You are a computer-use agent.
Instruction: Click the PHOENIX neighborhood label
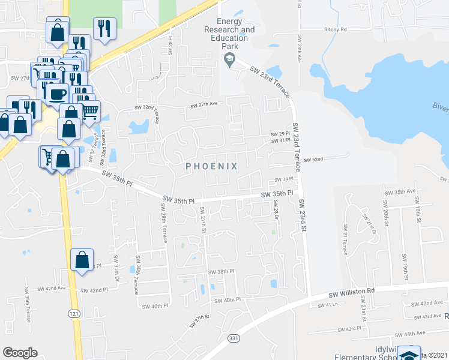(x=211, y=166)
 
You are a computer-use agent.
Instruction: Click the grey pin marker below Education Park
(x=228, y=58)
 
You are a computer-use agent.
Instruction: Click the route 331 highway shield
(x=232, y=339)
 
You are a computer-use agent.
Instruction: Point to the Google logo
(x=20, y=353)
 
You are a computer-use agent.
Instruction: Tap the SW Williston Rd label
(x=352, y=292)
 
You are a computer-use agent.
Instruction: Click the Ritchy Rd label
(x=335, y=29)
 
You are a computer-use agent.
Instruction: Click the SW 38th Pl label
(x=220, y=272)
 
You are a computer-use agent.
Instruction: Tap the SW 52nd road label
(x=313, y=160)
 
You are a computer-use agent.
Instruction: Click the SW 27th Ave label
(x=203, y=104)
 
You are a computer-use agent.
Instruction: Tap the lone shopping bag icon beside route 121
(x=82, y=260)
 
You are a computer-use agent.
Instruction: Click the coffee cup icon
(x=58, y=94)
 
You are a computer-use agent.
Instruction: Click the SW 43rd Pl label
(x=350, y=329)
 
